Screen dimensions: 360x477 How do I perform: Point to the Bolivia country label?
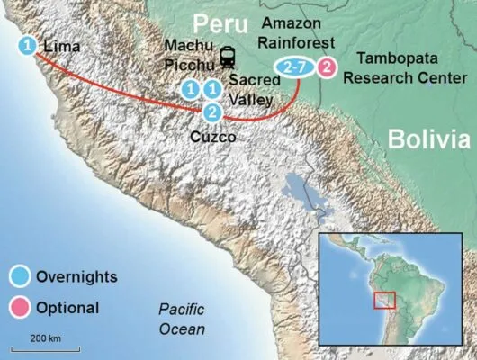coord(428,139)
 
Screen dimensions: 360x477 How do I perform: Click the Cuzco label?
coord(214,137)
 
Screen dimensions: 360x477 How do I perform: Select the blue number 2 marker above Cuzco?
coord(212,112)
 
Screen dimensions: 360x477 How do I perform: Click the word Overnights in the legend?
coord(78,274)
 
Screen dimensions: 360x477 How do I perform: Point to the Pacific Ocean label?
coord(183,319)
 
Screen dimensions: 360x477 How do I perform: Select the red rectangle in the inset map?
coord(385,300)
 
